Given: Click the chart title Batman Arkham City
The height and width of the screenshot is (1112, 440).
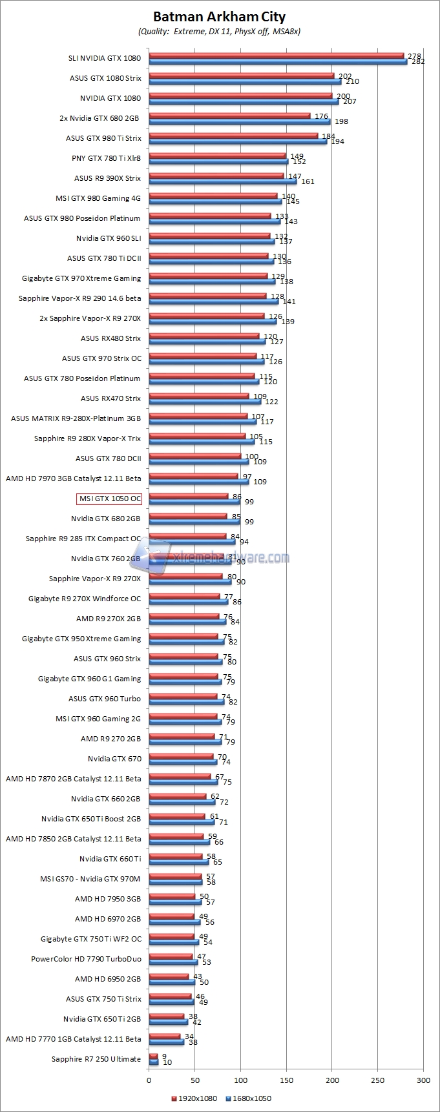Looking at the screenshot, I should click(x=220, y=17).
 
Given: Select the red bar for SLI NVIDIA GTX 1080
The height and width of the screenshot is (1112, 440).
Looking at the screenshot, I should click(x=276, y=56).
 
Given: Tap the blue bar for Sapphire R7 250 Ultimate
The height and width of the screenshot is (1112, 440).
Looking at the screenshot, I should click(x=154, y=1062).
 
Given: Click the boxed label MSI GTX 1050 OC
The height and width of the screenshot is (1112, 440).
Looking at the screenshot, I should click(x=109, y=499).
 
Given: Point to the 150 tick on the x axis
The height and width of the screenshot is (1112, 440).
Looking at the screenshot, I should click(x=286, y=1080).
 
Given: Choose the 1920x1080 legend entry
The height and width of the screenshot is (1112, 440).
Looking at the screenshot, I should click(x=193, y=1098).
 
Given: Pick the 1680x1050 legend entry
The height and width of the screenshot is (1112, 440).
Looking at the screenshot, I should click(x=248, y=1098).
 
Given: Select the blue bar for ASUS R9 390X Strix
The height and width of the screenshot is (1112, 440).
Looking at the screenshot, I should click(x=222, y=181).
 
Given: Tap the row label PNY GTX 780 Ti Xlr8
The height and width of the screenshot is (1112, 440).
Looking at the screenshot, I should click(x=106, y=158).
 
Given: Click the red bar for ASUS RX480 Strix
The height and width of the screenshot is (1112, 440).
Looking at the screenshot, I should click(x=204, y=336).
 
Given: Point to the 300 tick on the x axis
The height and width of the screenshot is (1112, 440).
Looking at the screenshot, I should click(x=423, y=1080).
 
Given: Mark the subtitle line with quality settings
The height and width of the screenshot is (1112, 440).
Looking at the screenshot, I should click(x=219, y=31).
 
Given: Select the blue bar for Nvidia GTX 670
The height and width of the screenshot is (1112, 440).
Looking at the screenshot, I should click(x=183, y=762).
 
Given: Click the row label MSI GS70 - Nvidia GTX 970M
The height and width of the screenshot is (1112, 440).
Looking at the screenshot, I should click(x=90, y=879).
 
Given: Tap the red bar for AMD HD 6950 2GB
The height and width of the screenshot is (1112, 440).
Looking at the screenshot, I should click(x=169, y=976).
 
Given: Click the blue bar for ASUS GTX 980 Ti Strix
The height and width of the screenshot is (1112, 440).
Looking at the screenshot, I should click(x=238, y=141).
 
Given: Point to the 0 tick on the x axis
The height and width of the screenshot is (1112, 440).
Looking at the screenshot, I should click(x=149, y=1080).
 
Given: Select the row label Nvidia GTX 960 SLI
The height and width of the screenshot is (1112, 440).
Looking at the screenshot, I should click(x=109, y=238).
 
